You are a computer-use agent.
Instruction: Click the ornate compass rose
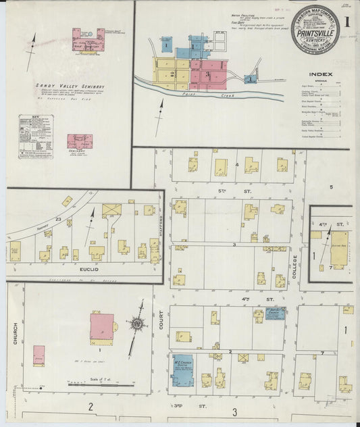coord(137,324)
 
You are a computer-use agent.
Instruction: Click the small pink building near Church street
coord(39,355)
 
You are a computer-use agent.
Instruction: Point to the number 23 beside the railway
coord(59,220)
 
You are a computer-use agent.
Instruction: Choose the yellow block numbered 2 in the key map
coord(173,72)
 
